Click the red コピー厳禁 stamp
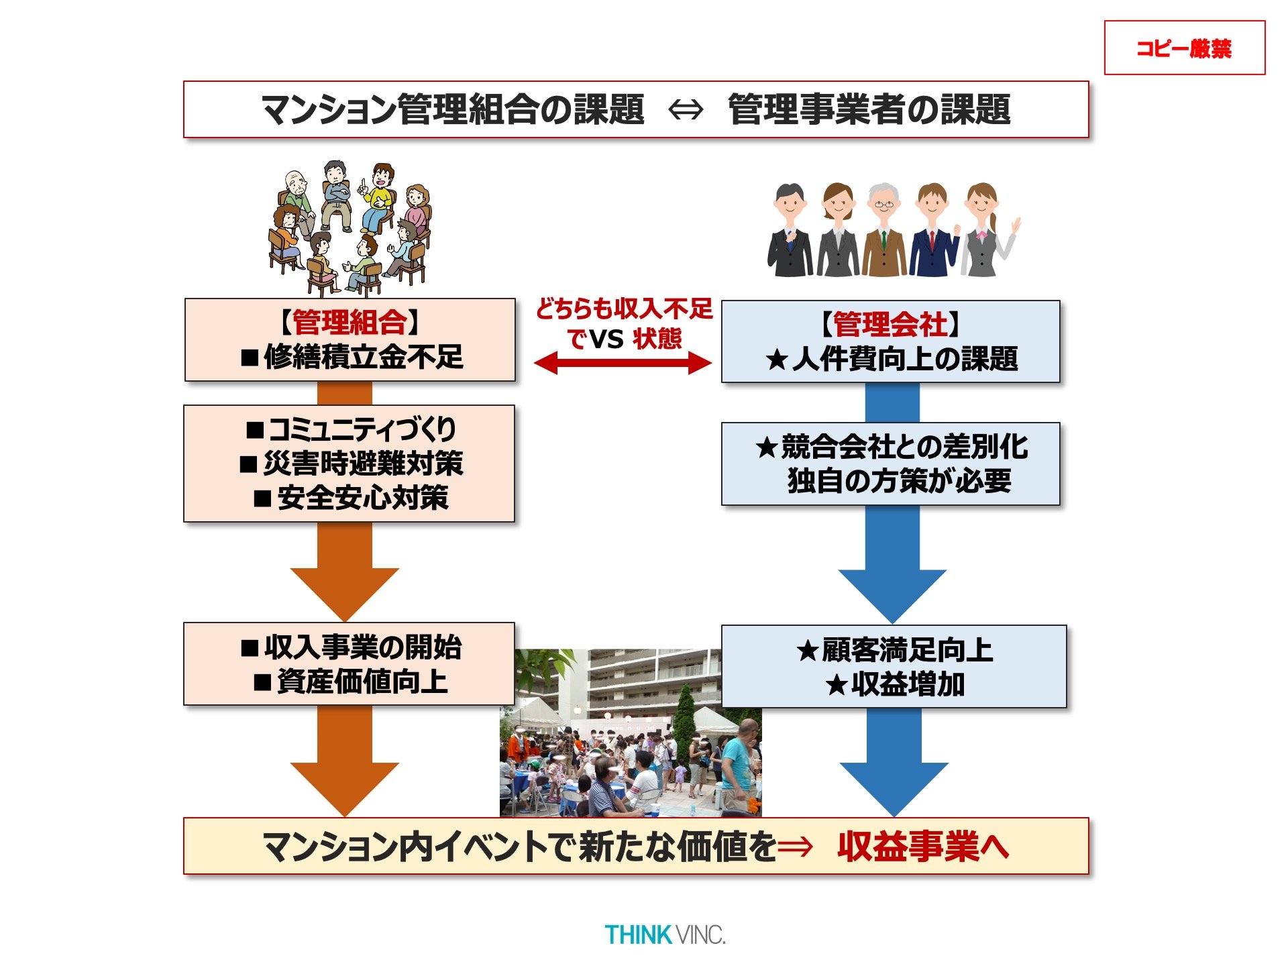tap(1184, 48)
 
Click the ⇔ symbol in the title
tap(686, 109)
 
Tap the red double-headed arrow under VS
tap(622, 363)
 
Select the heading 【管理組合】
tap(350, 323)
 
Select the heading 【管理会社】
tap(890, 325)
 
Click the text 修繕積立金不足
tap(363, 357)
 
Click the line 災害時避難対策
tap(362, 464)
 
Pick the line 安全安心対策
tap(362, 498)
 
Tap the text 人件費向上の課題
tap(904, 360)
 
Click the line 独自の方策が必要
tap(899, 481)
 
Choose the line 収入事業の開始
tap(362, 647)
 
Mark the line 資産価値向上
tap(362, 682)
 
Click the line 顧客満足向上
tap(907, 650)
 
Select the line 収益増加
tap(907, 685)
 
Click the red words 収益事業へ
tap(923, 847)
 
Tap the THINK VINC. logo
tap(665, 934)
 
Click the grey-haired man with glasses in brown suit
tap(883, 231)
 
